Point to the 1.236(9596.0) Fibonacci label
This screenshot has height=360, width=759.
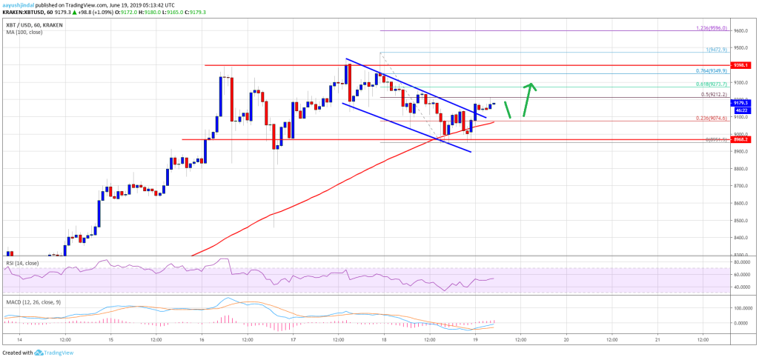[x=712, y=29]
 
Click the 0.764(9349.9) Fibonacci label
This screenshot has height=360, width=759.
[x=712, y=70]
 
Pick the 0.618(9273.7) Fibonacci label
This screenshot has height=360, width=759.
[x=712, y=84]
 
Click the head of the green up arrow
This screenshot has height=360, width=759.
[x=531, y=86]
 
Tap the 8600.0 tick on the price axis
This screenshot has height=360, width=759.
[x=740, y=203]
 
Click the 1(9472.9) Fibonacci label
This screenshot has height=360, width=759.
[x=717, y=50]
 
